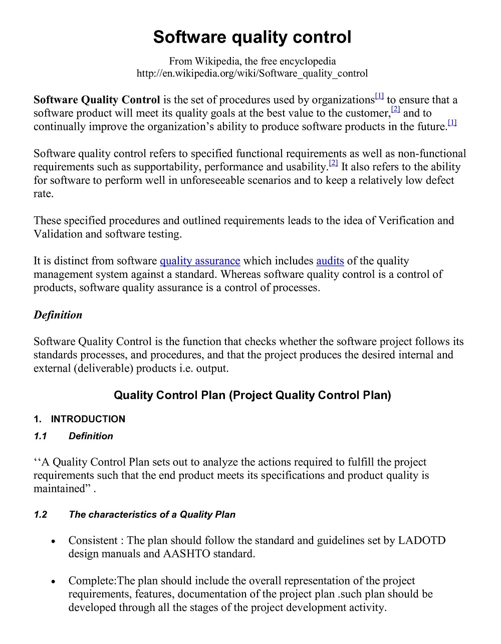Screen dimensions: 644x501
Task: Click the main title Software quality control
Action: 252,37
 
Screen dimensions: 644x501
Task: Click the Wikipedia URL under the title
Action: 252,74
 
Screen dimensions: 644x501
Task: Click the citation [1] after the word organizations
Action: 379,96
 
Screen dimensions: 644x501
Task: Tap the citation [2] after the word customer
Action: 395,109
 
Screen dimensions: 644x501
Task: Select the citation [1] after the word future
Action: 452,123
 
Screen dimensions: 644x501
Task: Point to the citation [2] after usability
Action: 334,163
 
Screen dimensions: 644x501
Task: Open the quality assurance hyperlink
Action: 200,261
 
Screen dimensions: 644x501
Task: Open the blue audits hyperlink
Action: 330,261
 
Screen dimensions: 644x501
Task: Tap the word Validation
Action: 58,234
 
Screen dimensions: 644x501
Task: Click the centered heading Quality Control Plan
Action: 252,395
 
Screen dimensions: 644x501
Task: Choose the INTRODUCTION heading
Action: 88,419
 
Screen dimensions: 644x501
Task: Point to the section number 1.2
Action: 41,515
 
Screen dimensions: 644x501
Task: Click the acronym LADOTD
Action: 421,541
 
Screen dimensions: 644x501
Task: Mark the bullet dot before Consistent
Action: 53,542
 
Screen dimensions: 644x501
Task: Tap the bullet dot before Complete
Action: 53,582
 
